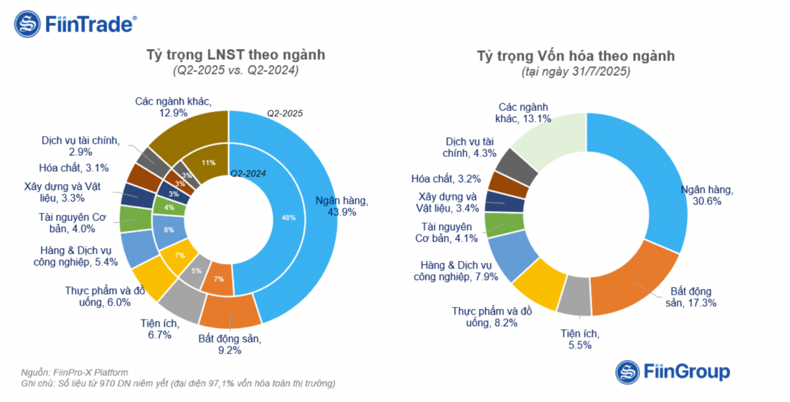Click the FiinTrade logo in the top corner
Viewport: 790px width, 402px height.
[x=75, y=24]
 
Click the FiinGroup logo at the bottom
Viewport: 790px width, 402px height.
[x=672, y=371]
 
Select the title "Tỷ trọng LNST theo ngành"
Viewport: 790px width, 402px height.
[x=235, y=55]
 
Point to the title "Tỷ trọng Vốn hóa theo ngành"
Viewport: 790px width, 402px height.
[x=576, y=56]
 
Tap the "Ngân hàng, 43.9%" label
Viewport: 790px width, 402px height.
[x=341, y=206]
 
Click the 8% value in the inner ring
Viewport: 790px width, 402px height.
[x=168, y=229]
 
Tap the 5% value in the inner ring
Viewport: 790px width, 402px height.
[x=196, y=270]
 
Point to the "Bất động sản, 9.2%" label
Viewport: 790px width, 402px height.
[x=230, y=345]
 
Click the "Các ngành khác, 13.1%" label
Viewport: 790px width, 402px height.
[x=523, y=113]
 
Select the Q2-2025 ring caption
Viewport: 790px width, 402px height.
[x=284, y=113]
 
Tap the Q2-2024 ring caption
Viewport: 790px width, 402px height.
[x=248, y=173]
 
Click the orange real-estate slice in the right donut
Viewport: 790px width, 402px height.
[x=632, y=280]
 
